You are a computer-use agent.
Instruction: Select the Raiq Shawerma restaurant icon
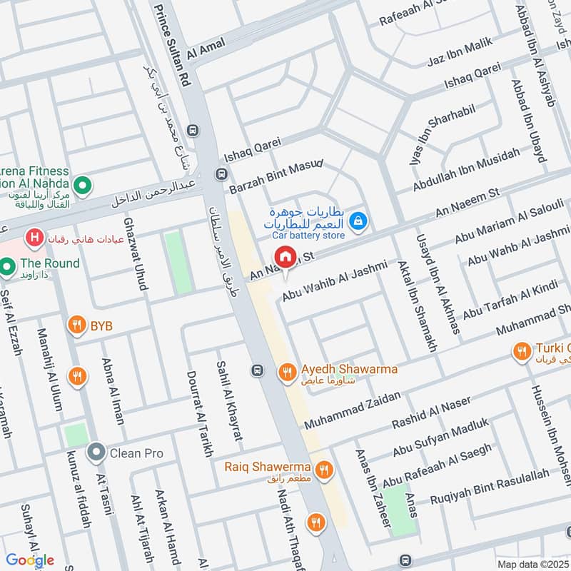coord(325,469)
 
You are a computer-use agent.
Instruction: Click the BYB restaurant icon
coord(77,326)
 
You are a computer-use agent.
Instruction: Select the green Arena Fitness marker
coord(83,186)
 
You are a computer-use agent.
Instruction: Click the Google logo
coord(30,560)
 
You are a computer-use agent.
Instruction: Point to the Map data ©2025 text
coord(531,564)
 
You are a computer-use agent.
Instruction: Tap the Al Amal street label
coord(206,48)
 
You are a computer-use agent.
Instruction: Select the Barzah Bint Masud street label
coord(276,177)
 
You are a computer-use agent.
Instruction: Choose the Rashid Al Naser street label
coord(431,413)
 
